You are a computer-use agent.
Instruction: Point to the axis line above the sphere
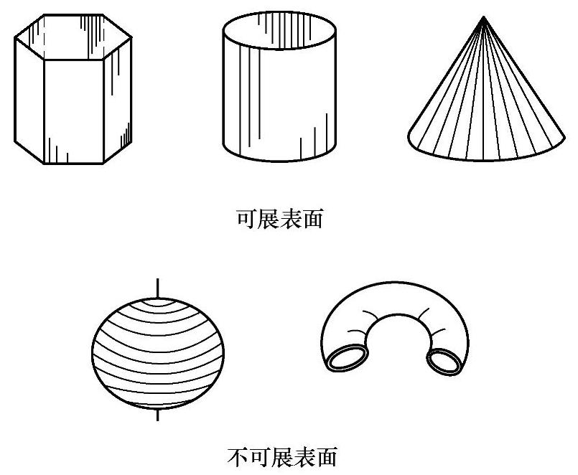(156, 286)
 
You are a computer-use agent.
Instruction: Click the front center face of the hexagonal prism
(74, 111)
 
